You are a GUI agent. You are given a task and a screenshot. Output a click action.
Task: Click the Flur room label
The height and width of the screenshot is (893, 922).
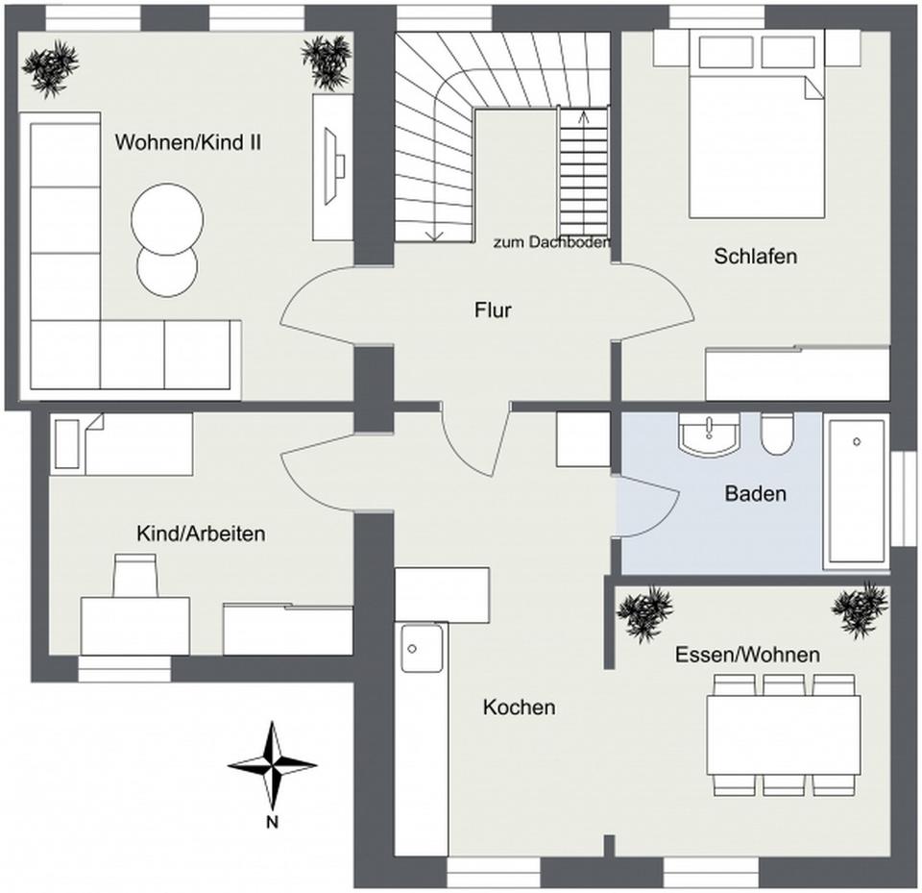pyautogui.click(x=493, y=310)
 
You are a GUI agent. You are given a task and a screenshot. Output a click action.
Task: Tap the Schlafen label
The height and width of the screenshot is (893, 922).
pyautogui.click(x=756, y=256)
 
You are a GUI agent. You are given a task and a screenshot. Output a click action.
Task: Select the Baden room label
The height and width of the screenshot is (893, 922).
pyautogui.click(x=756, y=493)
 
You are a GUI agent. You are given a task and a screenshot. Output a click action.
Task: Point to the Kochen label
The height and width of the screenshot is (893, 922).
pyautogui.click(x=520, y=707)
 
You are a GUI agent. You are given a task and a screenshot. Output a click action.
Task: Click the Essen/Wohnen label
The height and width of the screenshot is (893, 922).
pyautogui.click(x=747, y=655)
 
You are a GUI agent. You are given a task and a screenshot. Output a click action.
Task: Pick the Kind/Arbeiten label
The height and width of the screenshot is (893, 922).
pyautogui.click(x=201, y=533)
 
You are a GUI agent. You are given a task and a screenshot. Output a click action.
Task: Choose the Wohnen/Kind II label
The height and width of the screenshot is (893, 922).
pyautogui.click(x=188, y=142)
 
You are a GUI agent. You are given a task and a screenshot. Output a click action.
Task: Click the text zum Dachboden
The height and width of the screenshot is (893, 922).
pyautogui.click(x=551, y=242)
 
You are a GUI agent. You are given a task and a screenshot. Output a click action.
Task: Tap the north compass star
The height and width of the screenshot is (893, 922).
pyautogui.click(x=272, y=766)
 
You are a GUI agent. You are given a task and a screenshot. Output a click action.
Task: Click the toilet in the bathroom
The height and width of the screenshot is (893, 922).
pyautogui.click(x=776, y=434)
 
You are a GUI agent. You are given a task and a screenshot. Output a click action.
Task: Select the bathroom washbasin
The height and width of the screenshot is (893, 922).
pyautogui.click(x=709, y=434)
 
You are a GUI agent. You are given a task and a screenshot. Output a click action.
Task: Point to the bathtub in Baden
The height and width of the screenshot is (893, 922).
pyautogui.click(x=857, y=492)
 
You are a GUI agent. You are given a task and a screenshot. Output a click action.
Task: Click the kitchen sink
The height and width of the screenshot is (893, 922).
pyautogui.click(x=422, y=648)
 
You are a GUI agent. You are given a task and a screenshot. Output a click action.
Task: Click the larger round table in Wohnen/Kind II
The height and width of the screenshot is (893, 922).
pyautogui.click(x=167, y=219)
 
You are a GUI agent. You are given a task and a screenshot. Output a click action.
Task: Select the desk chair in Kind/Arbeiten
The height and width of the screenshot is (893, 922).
pyautogui.click(x=135, y=575)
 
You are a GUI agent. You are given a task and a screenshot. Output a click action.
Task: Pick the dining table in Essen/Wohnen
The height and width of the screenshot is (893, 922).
pyautogui.click(x=784, y=734)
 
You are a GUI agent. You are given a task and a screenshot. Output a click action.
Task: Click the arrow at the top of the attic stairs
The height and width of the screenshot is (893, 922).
pyautogui.click(x=583, y=117)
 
